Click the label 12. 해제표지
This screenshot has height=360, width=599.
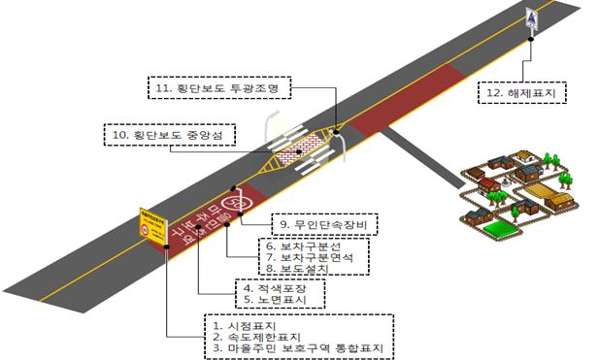(x=522, y=93)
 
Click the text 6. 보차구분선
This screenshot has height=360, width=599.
(x=308, y=247)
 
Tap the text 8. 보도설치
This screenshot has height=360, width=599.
(x=301, y=273)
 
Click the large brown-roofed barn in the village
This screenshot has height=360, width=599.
(x=560, y=201)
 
